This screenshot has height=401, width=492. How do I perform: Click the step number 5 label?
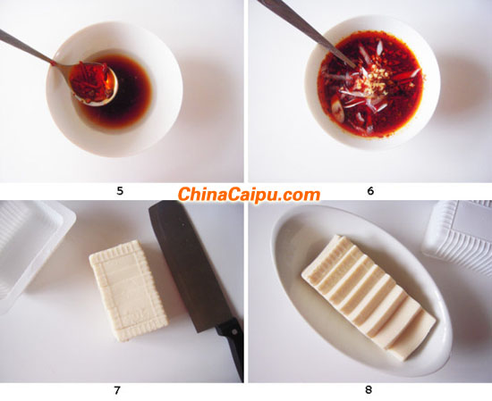click(120, 191)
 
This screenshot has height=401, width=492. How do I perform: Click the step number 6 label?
click(370, 191)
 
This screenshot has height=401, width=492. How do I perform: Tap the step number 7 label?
click(117, 390)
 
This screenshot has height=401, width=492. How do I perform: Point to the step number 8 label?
click(369, 390)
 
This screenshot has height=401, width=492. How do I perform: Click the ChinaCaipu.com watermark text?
click(249, 195)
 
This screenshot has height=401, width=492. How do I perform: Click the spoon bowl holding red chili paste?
click(93, 83)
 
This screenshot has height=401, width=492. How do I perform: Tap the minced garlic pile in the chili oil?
click(372, 79)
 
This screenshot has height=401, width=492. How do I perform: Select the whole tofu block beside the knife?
click(129, 290)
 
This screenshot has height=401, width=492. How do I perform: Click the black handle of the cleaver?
click(233, 347)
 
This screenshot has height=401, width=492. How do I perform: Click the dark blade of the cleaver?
click(188, 263)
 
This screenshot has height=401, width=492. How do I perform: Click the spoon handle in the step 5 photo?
click(27, 47)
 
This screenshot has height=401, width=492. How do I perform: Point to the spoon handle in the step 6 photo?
click(304, 29)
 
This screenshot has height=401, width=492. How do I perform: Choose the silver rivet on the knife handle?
click(234, 330)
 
